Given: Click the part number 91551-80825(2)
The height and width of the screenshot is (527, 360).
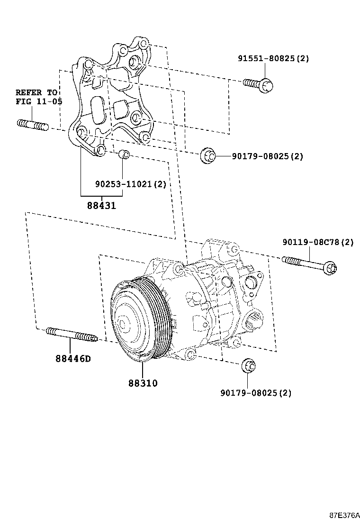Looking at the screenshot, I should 273,59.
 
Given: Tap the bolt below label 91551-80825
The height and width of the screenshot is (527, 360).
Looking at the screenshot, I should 260,84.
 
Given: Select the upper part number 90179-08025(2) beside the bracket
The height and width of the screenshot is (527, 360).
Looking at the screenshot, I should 267,156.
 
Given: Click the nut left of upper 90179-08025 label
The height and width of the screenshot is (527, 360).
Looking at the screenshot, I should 207,155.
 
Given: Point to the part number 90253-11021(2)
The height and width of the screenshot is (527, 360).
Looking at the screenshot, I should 130,184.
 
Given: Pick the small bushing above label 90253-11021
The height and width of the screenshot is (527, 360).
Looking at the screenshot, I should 124,154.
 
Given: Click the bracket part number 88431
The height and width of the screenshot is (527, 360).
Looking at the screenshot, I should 101,206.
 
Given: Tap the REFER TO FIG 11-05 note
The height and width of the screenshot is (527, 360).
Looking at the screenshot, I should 36,97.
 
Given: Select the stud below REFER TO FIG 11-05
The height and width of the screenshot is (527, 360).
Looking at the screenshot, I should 33,126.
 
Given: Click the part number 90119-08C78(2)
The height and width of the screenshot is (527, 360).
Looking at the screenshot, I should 318,242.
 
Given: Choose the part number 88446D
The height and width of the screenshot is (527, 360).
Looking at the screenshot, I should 72,359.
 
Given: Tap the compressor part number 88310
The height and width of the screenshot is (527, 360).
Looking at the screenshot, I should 142,382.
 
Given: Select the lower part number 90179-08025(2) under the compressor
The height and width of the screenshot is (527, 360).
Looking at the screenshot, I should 256,392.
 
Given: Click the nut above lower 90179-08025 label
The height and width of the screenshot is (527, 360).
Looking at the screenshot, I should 249,367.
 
